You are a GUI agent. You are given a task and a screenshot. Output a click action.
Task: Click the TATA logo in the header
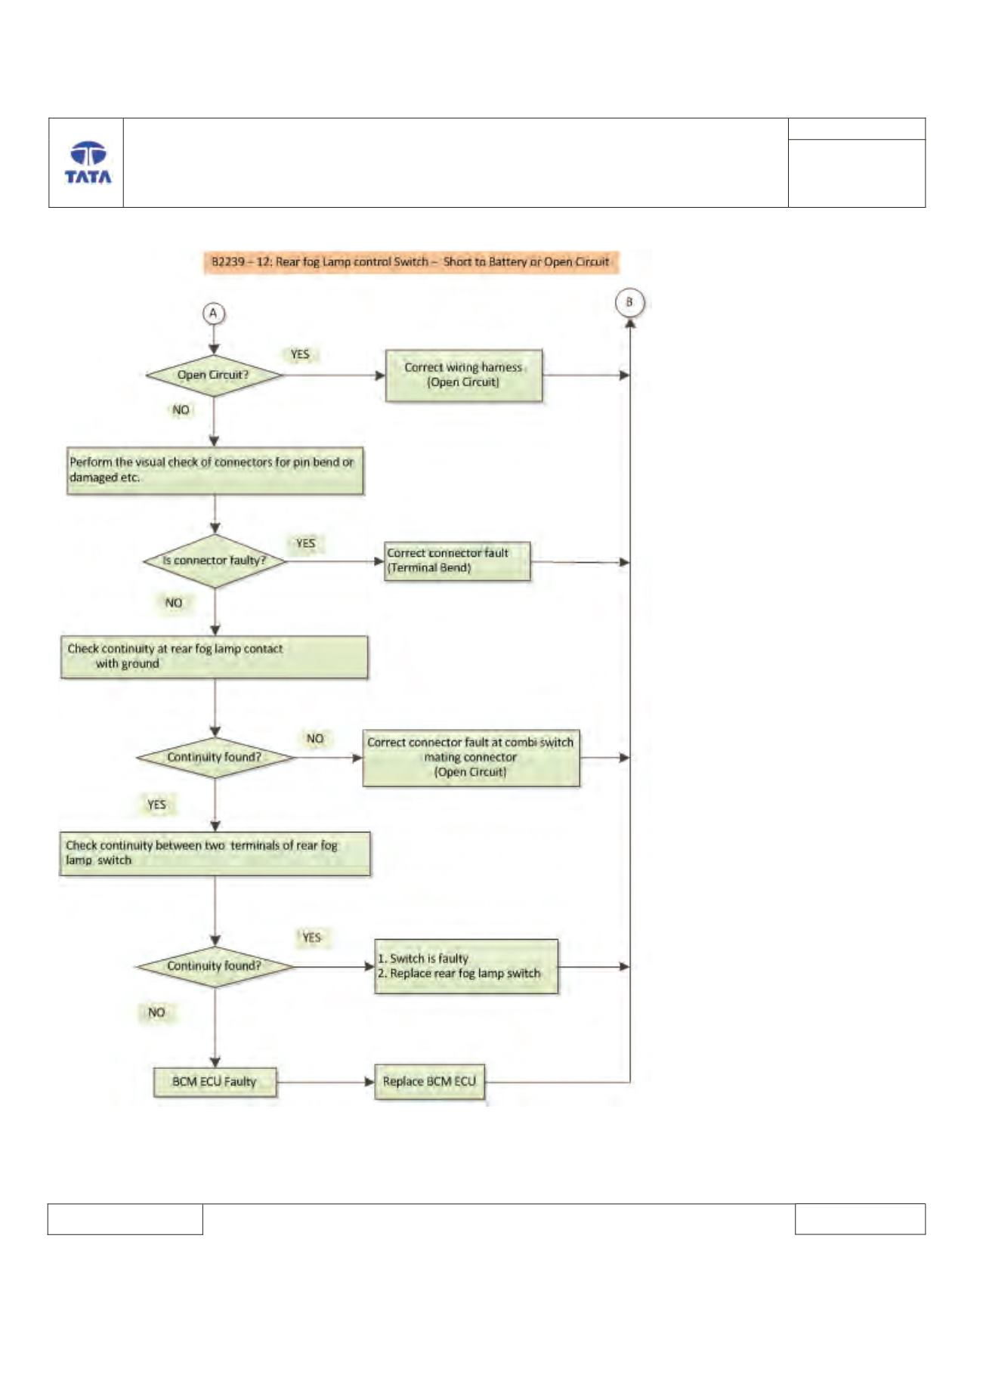tap(88, 162)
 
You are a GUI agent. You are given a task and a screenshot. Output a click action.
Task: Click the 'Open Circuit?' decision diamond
tap(214, 375)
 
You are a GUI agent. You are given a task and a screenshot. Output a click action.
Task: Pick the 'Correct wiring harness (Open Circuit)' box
tap(464, 375)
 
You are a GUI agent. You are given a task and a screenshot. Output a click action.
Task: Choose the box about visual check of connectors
tap(215, 470)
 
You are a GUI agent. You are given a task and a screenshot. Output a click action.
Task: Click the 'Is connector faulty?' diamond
tap(215, 561)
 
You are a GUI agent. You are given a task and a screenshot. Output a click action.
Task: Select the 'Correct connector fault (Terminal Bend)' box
tap(457, 561)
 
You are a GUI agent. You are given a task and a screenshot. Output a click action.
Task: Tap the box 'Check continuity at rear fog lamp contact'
tap(215, 656)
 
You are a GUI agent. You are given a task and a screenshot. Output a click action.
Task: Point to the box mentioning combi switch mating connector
tap(471, 758)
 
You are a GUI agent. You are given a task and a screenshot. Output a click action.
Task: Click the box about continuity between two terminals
tap(215, 854)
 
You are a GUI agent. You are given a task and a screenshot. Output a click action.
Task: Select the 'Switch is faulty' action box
tap(466, 966)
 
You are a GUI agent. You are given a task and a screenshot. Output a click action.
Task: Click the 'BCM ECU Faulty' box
tap(215, 1082)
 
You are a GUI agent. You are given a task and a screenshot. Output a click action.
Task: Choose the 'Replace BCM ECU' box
tap(429, 1082)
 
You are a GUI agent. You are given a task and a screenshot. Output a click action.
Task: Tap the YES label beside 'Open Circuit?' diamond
tap(300, 354)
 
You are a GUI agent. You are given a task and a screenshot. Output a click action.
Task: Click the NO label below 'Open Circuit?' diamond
tap(181, 410)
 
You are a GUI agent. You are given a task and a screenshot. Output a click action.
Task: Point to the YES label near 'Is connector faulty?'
tap(305, 543)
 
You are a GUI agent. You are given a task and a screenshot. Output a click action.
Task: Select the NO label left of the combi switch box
tap(315, 739)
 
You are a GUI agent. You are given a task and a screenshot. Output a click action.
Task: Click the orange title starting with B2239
tap(411, 262)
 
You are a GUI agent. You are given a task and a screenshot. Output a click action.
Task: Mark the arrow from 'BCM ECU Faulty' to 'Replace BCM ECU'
tap(326, 1082)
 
